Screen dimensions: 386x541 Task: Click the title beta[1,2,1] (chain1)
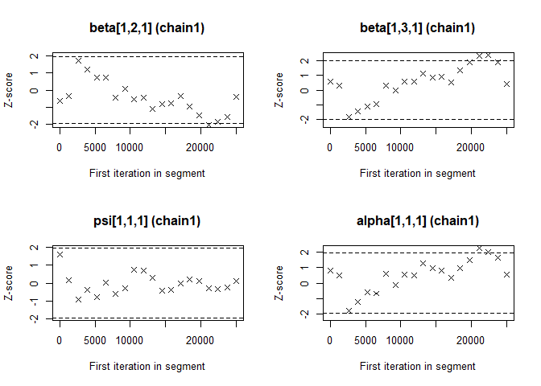[x=147, y=28]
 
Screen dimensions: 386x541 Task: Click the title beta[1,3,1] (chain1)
[x=417, y=28]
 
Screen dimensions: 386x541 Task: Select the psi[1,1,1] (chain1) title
[x=147, y=221]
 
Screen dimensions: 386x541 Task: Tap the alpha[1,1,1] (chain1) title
[x=417, y=221]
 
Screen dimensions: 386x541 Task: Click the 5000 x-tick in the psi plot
[x=95, y=339]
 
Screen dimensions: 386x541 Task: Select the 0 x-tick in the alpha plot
[x=330, y=339]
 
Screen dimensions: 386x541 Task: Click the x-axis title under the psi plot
[x=147, y=366]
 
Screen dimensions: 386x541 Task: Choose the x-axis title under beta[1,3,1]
[x=417, y=173]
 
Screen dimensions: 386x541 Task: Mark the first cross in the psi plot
[x=60, y=254]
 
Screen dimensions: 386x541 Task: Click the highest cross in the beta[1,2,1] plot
[x=78, y=60]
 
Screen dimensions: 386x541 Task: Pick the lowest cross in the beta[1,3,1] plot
[x=349, y=117]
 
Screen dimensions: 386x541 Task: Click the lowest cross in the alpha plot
[x=349, y=310]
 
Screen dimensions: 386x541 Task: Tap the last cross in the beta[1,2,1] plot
[x=236, y=96]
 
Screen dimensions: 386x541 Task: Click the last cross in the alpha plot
[x=506, y=274]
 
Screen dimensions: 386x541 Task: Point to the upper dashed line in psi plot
[x=147, y=248]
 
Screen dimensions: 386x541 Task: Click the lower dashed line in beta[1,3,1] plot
[x=417, y=119]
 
